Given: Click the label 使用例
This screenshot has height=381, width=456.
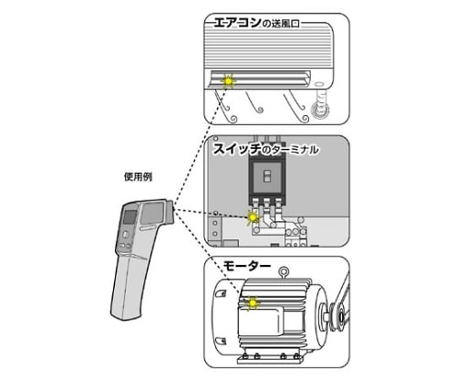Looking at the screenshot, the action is [x=138, y=176].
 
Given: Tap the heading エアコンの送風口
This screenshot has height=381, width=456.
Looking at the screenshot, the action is [x=257, y=23].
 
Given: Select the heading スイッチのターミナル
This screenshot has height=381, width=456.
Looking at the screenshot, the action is [x=265, y=149].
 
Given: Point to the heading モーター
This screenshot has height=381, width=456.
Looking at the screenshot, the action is [x=246, y=266].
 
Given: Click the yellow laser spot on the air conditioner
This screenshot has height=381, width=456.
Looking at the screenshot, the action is [x=228, y=81].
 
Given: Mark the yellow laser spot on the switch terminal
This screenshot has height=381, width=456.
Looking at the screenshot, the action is [x=253, y=217].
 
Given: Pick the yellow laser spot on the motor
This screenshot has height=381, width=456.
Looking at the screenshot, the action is [x=252, y=303].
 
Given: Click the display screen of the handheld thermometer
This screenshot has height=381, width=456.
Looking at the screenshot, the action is [x=130, y=217].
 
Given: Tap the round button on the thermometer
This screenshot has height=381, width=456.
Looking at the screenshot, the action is [x=125, y=235].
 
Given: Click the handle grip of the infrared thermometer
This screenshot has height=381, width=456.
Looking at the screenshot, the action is [x=130, y=286].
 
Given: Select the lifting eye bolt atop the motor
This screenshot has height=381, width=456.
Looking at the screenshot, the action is [x=285, y=272].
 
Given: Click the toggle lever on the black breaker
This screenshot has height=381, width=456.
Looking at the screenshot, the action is [x=266, y=176].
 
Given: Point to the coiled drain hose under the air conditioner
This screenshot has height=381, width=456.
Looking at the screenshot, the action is [x=320, y=105].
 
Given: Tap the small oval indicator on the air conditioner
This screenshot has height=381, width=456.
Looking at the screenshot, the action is [x=319, y=84].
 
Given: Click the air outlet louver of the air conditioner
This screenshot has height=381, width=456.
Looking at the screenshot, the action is [x=260, y=79].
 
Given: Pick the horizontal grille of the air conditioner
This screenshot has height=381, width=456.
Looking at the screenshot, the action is [x=267, y=46].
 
